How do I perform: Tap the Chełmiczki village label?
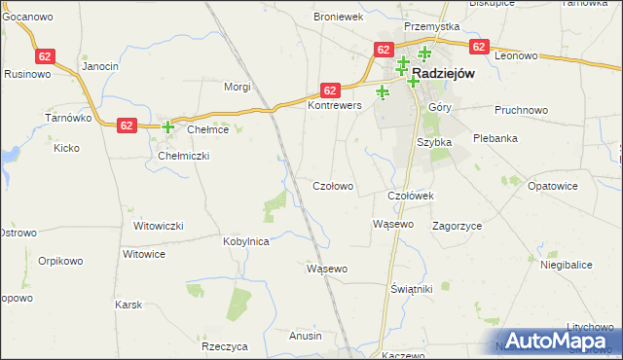(x=184, y=156)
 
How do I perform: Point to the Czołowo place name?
(x=332, y=185)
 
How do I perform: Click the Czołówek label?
(x=410, y=196)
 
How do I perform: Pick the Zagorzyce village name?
(x=458, y=225)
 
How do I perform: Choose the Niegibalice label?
(x=566, y=265)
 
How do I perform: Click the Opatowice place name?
(x=554, y=185)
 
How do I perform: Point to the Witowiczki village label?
(x=159, y=226)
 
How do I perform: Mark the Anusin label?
(x=306, y=336)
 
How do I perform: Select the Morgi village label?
(x=238, y=87)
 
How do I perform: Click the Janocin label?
(x=100, y=66)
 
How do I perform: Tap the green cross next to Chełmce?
(x=167, y=126)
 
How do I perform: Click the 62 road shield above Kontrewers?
(x=330, y=89)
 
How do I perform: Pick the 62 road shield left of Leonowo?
(x=477, y=46)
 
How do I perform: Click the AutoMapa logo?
(x=556, y=341)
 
